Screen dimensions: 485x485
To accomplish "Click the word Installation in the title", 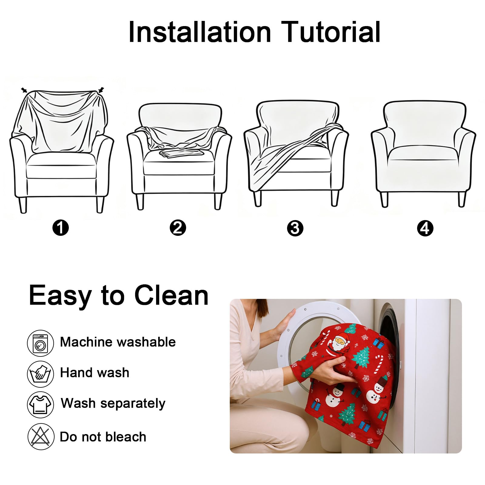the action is click(200, 32).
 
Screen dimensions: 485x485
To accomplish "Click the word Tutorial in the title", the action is click(331, 32).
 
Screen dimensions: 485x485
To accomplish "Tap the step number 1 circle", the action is click(61, 228).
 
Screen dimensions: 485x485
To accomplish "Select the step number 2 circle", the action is click(178, 228).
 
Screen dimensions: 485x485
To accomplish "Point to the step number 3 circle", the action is click(295, 228).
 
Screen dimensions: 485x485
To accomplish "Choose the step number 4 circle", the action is click(425, 228).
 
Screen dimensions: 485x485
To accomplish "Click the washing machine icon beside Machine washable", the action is click(41, 343).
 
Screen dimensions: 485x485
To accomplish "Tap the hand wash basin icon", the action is click(41, 374).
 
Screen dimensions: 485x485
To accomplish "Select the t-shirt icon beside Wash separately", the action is click(41, 405).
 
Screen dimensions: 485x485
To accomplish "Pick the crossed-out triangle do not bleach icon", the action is click(41, 436).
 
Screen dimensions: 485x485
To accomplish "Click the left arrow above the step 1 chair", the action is click(24, 90).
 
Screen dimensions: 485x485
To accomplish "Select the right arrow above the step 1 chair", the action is click(101, 90).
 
